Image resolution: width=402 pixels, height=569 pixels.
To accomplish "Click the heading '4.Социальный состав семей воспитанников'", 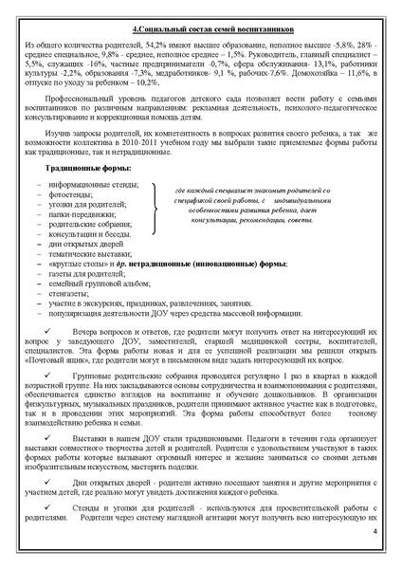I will [201, 29].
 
